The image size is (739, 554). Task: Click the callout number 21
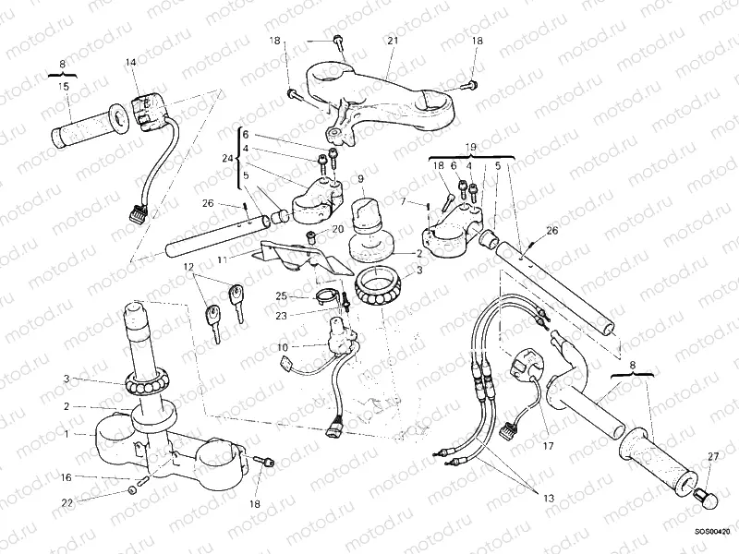pos(392,42)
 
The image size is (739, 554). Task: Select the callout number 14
pos(130,62)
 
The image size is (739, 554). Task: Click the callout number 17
pos(548,446)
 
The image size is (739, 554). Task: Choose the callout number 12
pos(189,269)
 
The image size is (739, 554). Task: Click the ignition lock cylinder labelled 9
pos(367,218)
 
